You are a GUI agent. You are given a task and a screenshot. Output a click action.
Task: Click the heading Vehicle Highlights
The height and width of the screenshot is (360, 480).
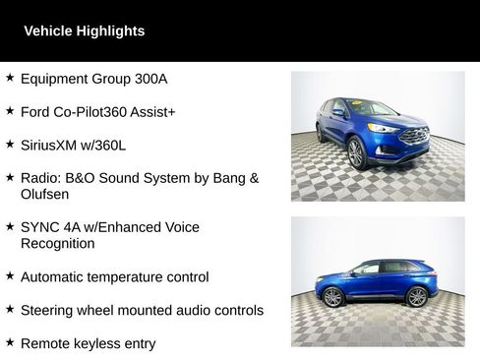84,31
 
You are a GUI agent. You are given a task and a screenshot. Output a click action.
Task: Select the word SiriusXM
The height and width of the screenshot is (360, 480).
51,146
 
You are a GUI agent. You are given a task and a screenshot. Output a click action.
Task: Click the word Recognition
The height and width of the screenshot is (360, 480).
58,243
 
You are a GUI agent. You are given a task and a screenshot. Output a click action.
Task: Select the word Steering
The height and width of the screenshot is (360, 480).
48,311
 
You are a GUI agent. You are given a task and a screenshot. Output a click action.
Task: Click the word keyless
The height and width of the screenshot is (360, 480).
105,344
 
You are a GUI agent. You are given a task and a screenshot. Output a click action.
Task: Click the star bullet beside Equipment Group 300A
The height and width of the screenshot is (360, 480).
9,77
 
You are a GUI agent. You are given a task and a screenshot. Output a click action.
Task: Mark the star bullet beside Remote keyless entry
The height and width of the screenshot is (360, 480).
9,342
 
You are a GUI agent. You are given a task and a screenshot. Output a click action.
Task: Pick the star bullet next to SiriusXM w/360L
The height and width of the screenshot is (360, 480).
9,144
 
